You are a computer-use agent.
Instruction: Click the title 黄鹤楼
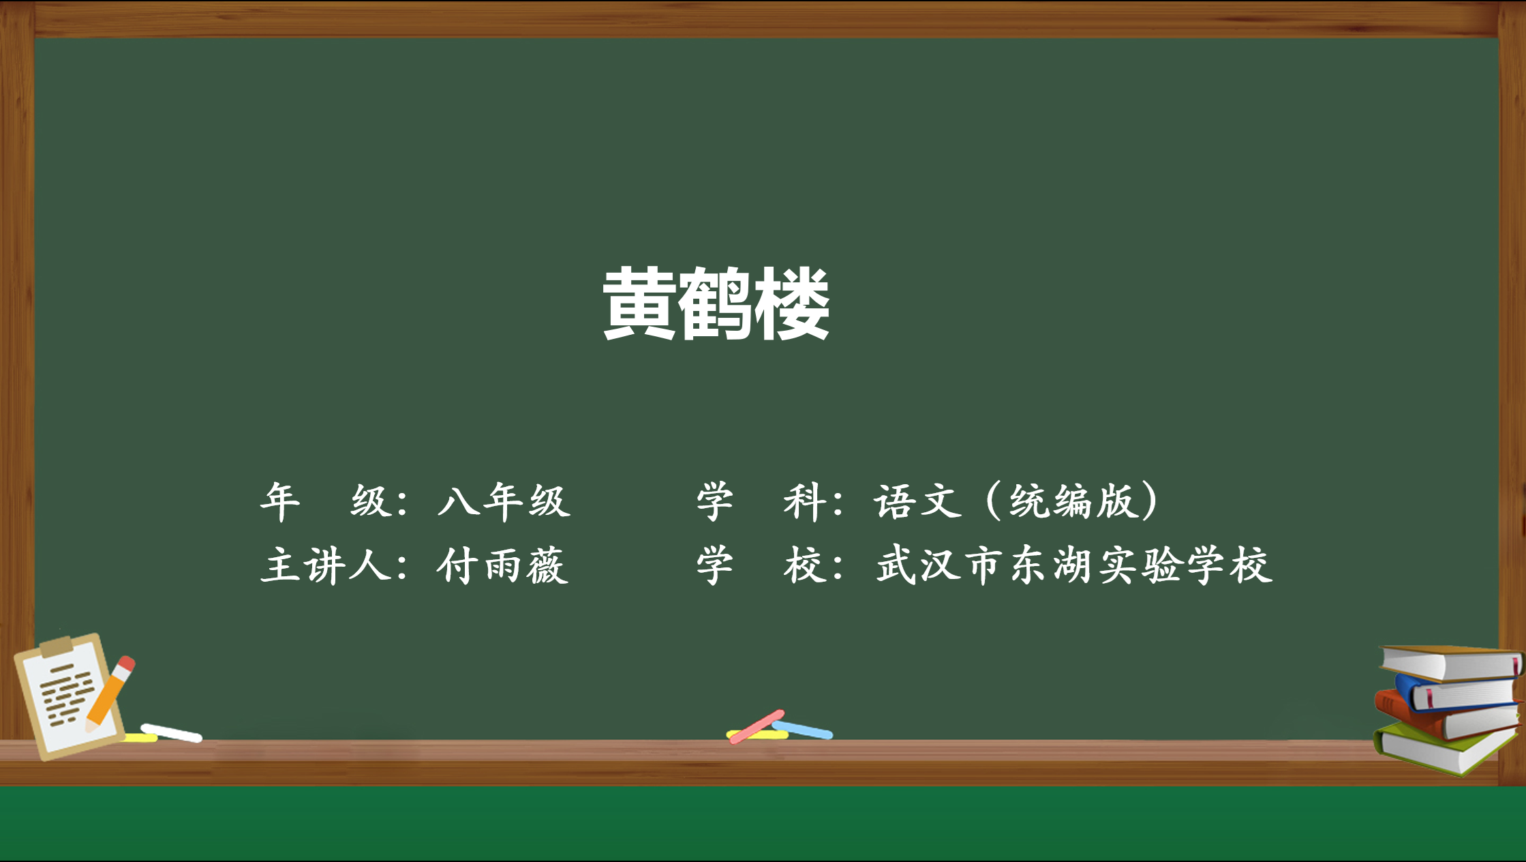point(716,303)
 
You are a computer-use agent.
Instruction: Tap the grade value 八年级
point(504,501)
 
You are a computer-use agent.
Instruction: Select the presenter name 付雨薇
point(502,565)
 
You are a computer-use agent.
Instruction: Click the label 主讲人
point(326,565)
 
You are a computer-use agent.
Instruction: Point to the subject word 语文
point(917,501)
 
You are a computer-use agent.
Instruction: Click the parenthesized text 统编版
point(1074,501)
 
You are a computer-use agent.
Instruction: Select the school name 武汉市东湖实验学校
point(1074,565)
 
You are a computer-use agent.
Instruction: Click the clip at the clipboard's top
point(56,645)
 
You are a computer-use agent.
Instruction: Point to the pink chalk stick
point(757,726)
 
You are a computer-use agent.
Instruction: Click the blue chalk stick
point(803,730)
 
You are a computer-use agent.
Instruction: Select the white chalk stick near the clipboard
point(171,732)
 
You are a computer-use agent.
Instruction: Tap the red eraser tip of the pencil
point(127,663)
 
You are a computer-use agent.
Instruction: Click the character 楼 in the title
point(792,303)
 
